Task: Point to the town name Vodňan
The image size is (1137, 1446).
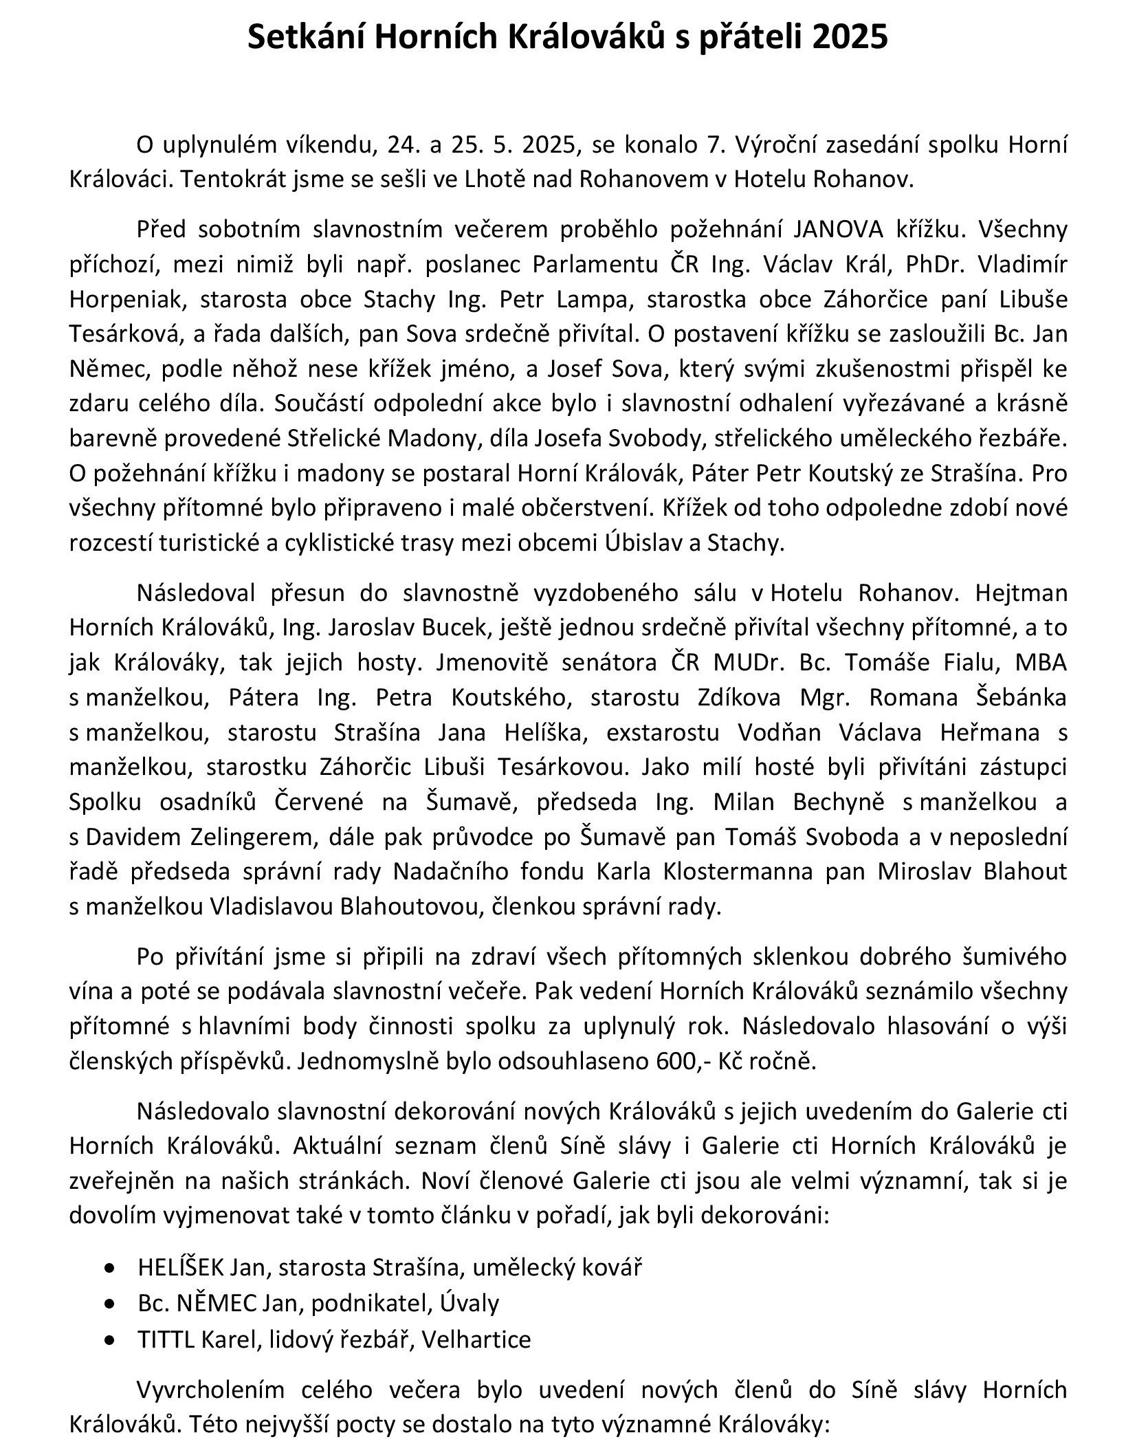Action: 779,732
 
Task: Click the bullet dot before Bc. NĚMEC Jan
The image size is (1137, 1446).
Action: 109,1303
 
